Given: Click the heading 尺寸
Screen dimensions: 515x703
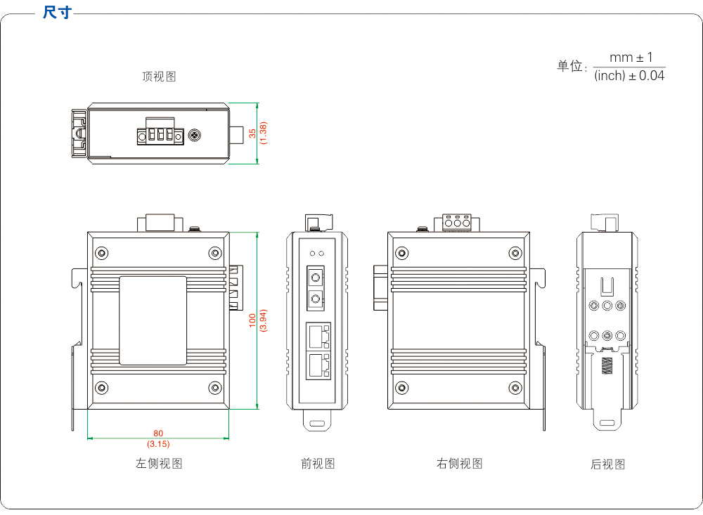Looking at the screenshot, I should click(x=57, y=13).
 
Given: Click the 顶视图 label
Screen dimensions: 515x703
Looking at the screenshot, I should click(x=159, y=77).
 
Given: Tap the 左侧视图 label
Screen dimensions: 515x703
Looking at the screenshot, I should click(x=159, y=464).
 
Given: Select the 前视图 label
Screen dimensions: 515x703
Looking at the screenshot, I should click(x=318, y=464).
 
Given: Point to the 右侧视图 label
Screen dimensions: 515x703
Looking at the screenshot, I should click(x=460, y=464).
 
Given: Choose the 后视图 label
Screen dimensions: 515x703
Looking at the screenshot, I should click(x=607, y=464).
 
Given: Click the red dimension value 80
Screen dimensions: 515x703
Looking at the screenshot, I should click(x=158, y=433).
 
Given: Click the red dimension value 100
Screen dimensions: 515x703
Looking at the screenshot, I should click(x=253, y=320).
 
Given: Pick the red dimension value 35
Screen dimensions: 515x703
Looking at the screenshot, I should click(x=253, y=133).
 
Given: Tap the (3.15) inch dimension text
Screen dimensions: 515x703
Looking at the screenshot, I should click(x=158, y=444).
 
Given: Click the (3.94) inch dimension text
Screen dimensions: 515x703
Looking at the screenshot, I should click(x=264, y=320).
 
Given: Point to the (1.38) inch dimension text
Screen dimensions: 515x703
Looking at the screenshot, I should click(x=264, y=133).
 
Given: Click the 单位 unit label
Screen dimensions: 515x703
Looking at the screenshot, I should click(x=571, y=67).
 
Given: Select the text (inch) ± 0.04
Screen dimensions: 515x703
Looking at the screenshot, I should click(x=629, y=76).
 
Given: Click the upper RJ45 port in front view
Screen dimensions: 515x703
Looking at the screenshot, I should click(x=318, y=335).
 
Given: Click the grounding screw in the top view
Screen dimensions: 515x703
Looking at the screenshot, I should click(x=195, y=133).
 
